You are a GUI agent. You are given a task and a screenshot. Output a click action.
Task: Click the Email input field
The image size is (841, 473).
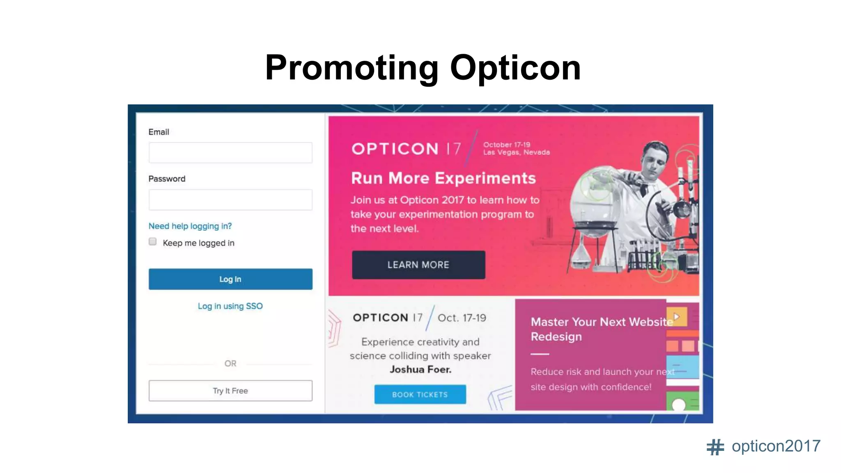230,153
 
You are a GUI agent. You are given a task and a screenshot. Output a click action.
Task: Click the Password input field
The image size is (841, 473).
230,200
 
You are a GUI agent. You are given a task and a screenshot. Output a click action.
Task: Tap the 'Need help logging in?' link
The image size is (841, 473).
190,226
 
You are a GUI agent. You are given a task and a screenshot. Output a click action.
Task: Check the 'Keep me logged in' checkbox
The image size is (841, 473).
153,242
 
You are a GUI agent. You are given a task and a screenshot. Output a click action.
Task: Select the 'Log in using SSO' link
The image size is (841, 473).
230,306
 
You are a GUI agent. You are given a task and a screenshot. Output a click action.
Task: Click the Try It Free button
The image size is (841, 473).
230,391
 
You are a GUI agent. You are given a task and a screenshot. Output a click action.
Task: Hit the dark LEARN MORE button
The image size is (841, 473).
418,265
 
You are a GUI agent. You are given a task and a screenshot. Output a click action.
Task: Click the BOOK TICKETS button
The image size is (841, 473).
420,395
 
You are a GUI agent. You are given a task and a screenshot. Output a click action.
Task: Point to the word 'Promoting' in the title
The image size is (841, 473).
352,68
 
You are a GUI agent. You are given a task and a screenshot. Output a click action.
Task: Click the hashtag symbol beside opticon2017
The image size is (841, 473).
715,447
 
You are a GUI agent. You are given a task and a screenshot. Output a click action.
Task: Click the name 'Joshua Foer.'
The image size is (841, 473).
420,370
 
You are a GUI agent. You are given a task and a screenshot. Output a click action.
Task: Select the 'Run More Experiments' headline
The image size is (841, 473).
443,179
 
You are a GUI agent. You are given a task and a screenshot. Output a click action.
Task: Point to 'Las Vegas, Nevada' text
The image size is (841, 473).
516,153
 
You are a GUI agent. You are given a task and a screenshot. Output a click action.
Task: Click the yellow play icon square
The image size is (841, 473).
677,317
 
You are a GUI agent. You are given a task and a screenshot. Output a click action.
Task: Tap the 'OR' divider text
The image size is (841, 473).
230,364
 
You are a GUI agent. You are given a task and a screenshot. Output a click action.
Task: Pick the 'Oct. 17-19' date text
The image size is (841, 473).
462,318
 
